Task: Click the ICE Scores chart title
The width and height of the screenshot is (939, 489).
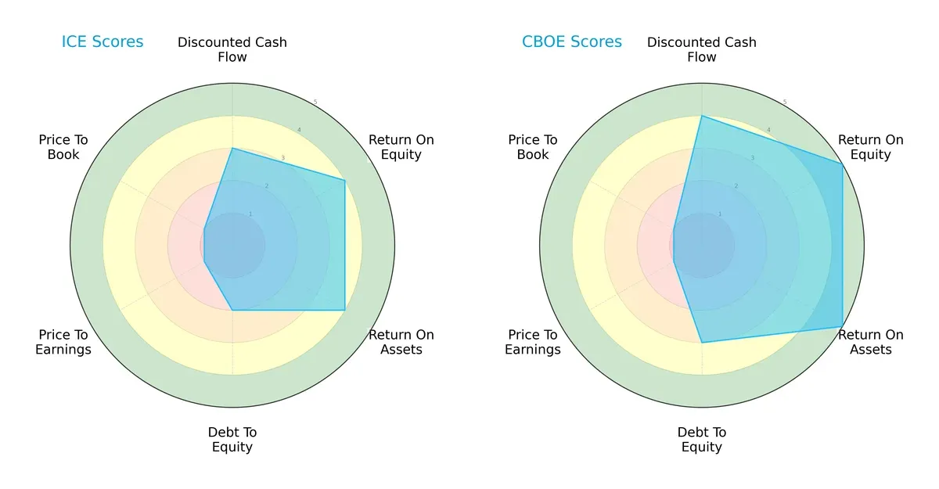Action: [103, 42]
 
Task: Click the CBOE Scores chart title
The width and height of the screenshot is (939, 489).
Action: [572, 42]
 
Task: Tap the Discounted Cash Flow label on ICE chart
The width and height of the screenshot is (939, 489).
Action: [232, 49]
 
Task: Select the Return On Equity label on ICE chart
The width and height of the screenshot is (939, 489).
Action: [401, 147]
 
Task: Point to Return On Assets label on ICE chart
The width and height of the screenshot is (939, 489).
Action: [401, 342]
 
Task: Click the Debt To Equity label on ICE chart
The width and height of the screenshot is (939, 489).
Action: [232, 440]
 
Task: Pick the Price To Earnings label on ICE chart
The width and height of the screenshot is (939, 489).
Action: [63, 342]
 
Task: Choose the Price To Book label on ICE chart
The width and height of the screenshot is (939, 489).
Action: [63, 147]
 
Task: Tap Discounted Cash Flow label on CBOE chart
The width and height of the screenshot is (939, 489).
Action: [702, 49]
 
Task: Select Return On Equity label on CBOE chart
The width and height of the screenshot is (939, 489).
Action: [871, 147]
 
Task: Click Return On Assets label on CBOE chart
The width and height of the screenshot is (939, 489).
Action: [871, 342]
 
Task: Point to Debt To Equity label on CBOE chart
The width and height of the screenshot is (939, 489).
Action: [702, 440]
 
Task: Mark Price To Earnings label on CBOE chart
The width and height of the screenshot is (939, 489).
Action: [533, 342]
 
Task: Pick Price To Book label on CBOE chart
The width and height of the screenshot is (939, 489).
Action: [533, 147]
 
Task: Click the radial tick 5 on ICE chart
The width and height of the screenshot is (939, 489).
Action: [315, 102]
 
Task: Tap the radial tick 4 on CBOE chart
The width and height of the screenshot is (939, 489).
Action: [768, 130]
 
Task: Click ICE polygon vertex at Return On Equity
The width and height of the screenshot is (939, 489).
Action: [345, 181]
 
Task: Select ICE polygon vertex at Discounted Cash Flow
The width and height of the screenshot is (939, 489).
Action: [232, 148]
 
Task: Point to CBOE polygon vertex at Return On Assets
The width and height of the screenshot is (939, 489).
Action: [843, 327]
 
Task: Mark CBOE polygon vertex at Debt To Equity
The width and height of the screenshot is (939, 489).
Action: [702, 343]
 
